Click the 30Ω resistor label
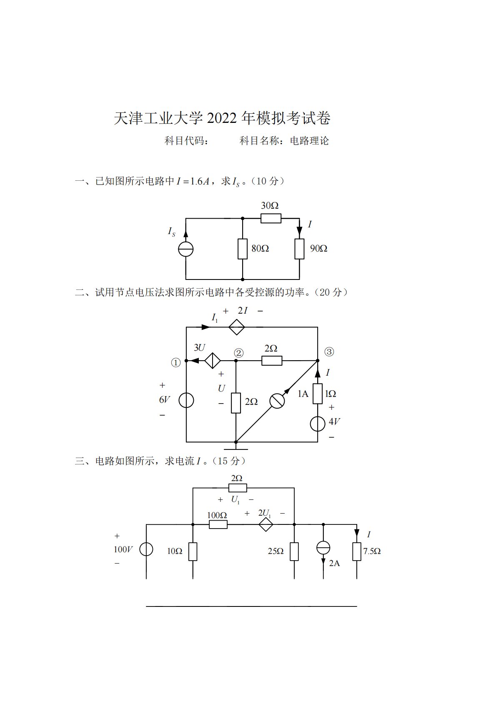tap(270, 206)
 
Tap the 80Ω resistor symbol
tap(243, 249)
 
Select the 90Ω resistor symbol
tap(299, 249)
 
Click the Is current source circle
tap(186, 249)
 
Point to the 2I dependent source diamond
tap(236, 327)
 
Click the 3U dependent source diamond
tap(213, 361)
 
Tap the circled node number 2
tap(239, 353)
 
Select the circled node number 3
tap(329, 352)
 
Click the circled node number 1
tap(176, 363)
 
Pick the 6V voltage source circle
tap(186, 400)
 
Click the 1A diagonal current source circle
tap(277, 400)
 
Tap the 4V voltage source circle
tap(318, 424)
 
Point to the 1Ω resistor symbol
tap(318, 394)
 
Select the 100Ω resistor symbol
tap(218, 524)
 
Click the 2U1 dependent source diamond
tap(266, 524)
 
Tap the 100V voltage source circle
tap(146, 549)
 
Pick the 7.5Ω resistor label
tap(372, 551)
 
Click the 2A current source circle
tap(323, 548)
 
